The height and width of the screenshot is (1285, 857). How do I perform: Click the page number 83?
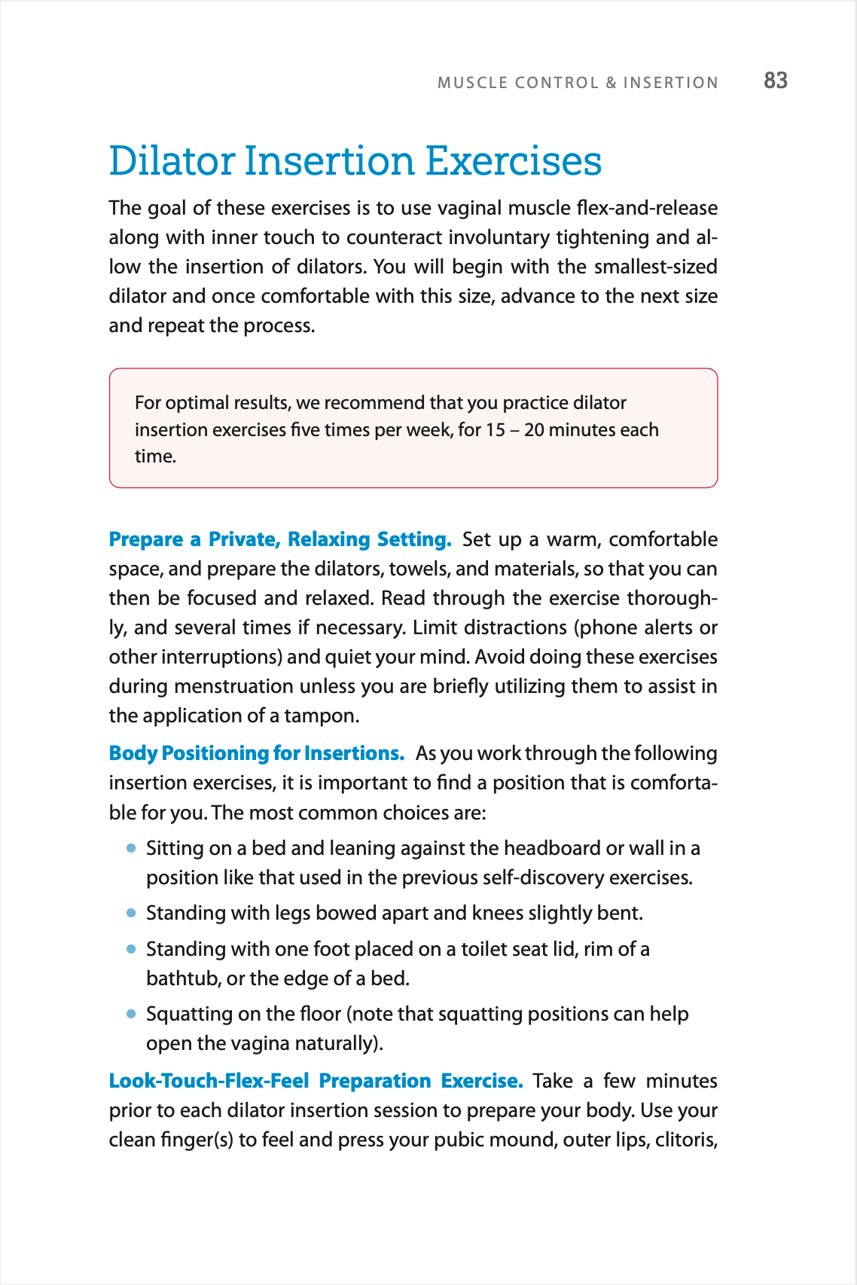(775, 81)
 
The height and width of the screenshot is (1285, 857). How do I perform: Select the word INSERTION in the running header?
(670, 83)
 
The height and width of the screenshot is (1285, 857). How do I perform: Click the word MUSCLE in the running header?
(472, 83)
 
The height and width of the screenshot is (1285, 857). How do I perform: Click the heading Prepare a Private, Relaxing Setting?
(279, 539)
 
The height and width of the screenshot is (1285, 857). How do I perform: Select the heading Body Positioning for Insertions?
(256, 753)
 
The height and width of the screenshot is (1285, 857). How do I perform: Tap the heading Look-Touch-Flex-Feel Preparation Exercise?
(316, 1081)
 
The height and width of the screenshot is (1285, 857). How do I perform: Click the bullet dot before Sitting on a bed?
(131, 848)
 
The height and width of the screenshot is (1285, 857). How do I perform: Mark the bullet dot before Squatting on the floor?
(131, 1014)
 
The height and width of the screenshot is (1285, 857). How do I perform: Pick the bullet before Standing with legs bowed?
(131, 913)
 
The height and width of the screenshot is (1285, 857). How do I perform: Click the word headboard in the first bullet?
(552, 848)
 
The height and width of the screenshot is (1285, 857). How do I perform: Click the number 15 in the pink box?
(495, 430)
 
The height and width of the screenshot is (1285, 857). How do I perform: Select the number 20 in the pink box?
(534, 430)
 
